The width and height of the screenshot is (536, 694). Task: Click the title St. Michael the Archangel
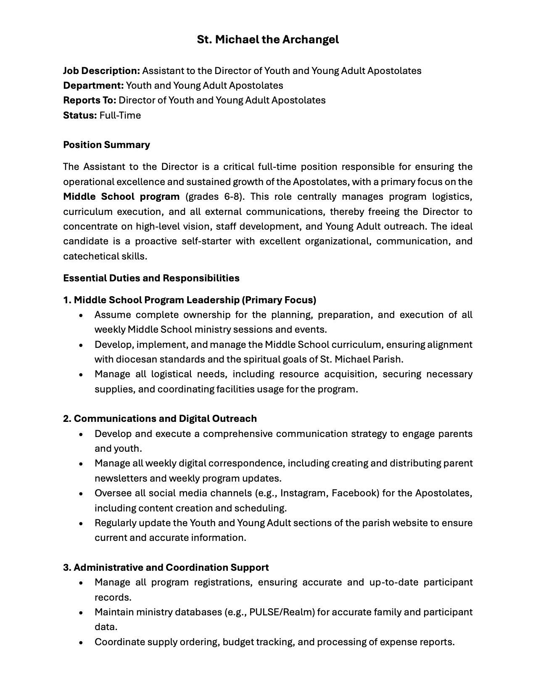[x=268, y=40]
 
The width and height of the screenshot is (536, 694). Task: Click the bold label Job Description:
[x=101, y=71]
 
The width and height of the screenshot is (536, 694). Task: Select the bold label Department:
[x=93, y=85]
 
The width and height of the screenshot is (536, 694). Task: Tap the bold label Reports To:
[x=90, y=100]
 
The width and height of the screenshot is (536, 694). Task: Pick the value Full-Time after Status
[x=120, y=115]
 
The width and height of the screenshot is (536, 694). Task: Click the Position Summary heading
[x=106, y=145]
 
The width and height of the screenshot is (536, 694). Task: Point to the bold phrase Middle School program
[x=121, y=196]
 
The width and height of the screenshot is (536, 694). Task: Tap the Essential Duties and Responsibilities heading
[x=151, y=278]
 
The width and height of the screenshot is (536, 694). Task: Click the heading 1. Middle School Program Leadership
[x=190, y=300]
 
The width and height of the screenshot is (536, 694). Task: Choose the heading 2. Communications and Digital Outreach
[x=160, y=419]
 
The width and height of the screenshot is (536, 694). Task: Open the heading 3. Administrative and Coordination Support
[x=166, y=567]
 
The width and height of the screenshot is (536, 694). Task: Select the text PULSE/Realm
[x=282, y=612]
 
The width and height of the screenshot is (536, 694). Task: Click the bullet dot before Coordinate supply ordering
[x=81, y=642]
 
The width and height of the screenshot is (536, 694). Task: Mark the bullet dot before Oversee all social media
[x=81, y=493]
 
